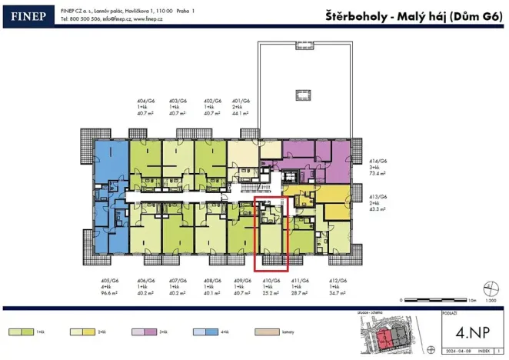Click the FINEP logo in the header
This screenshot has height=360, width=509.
[x=27, y=15]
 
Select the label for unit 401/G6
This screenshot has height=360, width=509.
[x=241, y=101]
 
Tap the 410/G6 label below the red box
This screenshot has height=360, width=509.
[x=269, y=281]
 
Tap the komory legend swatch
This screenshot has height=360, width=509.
[x=266, y=332]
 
